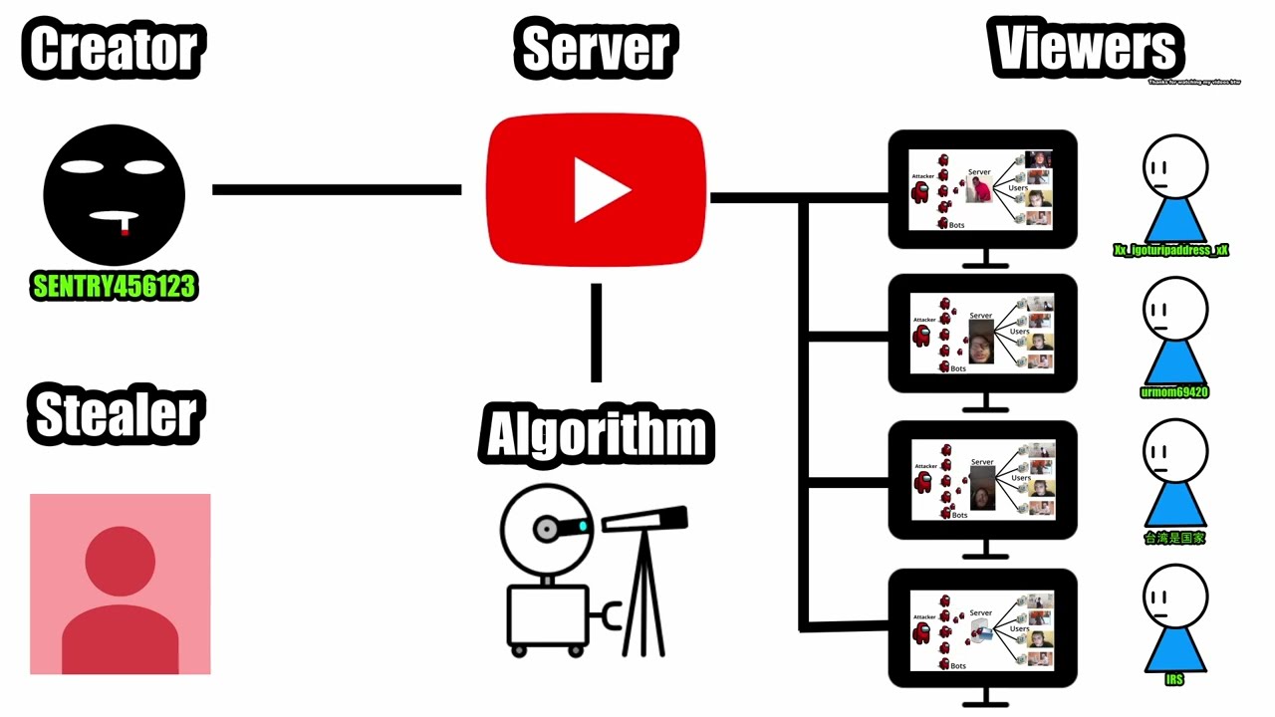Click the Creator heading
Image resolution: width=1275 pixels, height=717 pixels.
coord(114,49)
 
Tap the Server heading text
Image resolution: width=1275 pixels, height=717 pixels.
coord(596,49)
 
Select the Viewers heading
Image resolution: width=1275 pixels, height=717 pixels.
coord(1086,47)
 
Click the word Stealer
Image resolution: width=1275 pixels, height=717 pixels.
coord(116,415)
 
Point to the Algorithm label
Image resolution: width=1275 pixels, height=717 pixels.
coord(596,434)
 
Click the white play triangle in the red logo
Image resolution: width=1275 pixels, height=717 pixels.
coord(600,190)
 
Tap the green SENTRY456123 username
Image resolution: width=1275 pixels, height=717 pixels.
coord(115,287)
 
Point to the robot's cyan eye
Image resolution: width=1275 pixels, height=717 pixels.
coord(583,526)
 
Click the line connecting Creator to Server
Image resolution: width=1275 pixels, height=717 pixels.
coord(337,189)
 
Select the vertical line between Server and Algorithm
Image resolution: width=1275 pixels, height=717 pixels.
coord(596,333)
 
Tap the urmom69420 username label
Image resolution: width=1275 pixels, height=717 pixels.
coord(1173,392)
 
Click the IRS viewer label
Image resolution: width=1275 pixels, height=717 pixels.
coord(1174,679)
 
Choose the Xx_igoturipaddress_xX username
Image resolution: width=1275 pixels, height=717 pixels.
coord(1171,250)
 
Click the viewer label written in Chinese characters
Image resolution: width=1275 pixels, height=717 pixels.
coord(1174,538)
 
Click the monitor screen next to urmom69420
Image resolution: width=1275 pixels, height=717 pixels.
coord(982,333)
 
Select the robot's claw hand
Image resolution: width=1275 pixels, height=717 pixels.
coord(609,616)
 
